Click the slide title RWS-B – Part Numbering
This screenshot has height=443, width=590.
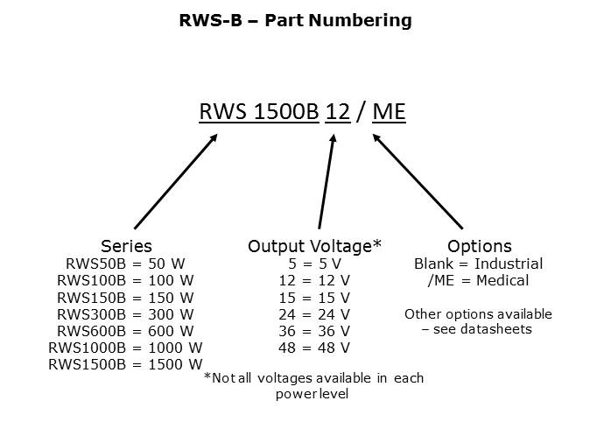tap(295, 20)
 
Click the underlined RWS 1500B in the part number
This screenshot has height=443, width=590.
tap(259, 113)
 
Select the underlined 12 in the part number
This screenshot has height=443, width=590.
tap(338, 113)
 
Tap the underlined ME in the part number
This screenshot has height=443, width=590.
tap(389, 113)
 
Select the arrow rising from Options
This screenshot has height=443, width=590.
tap(418, 181)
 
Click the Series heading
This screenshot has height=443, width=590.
tap(126, 246)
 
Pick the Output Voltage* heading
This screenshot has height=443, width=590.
tap(314, 246)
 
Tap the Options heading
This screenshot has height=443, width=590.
tap(479, 246)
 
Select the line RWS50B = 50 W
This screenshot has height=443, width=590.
tap(125, 264)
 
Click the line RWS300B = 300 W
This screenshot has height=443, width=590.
tap(125, 313)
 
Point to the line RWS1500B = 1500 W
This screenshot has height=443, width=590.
tap(125, 364)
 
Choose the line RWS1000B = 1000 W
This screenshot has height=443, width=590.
tap(125, 348)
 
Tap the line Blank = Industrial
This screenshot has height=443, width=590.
tap(478, 264)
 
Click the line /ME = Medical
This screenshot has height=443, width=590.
tap(478, 280)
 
